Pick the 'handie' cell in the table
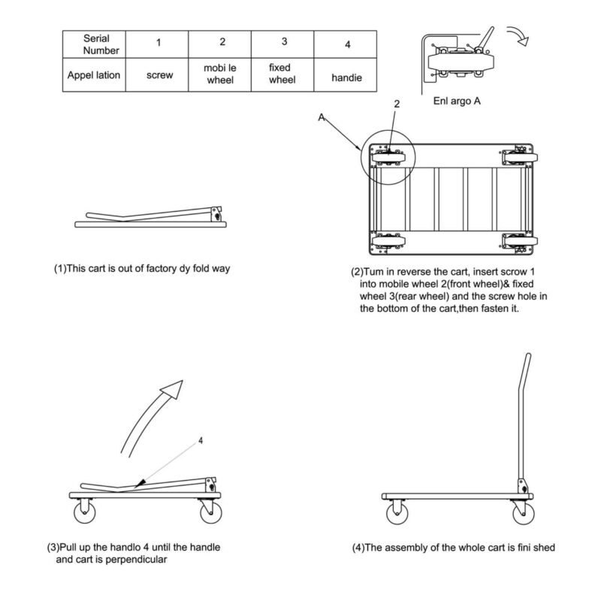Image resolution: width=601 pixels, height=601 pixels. point(346,76)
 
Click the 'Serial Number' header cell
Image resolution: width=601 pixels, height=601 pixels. point(95,43)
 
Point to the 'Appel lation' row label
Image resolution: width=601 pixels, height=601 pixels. point(95,75)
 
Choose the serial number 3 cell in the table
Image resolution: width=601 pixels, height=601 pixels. point(282,43)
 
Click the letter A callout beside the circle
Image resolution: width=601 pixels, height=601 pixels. point(321,117)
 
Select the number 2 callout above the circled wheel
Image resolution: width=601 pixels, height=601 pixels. point(397,105)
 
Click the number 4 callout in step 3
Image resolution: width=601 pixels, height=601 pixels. point(201,441)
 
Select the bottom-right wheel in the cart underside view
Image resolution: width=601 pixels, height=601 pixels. point(518,241)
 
